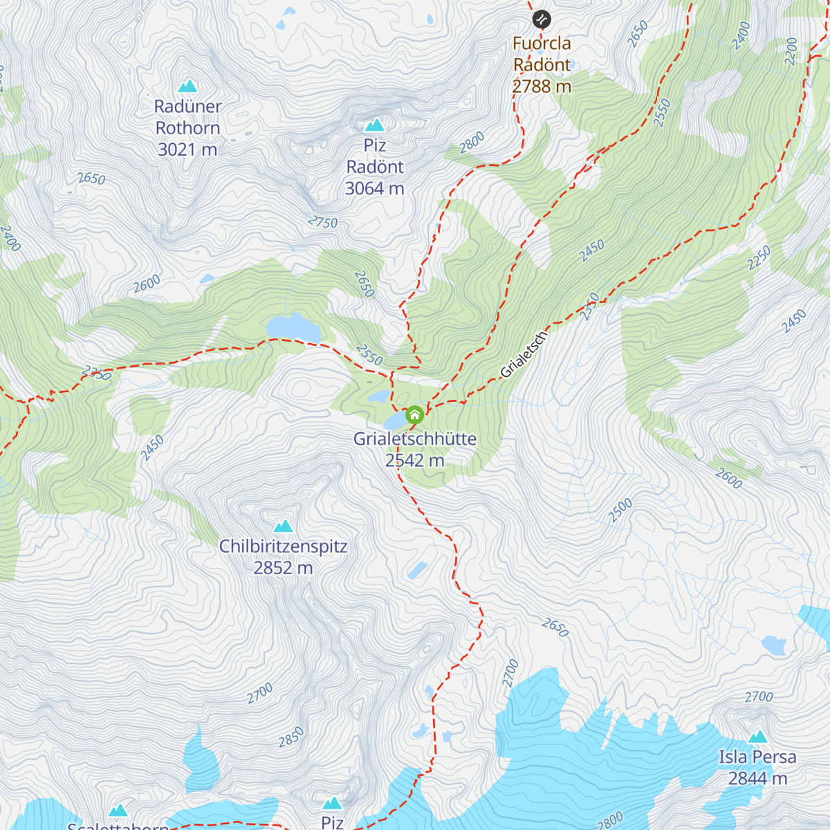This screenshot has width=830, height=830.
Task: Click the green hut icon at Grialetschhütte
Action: coord(414,415)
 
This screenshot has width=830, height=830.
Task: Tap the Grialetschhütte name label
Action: coord(414,439)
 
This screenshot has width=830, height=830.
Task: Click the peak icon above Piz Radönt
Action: coord(374,125)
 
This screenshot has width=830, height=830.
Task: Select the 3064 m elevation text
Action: coord(374,188)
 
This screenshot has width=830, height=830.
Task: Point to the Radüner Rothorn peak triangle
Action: coord(187,86)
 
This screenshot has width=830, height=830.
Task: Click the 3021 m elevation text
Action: coord(187,149)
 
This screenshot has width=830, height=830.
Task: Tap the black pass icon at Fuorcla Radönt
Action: coord(542,19)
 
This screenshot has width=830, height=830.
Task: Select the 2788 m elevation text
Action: coord(542,86)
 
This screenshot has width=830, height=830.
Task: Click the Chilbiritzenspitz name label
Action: coord(283,546)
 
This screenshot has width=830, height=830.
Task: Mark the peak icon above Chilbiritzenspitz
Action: coord(283,526)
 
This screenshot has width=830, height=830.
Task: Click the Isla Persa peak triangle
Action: coord(758,737)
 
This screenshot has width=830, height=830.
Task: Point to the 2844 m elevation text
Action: coord(757,779)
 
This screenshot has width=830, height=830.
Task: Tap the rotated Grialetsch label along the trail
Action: coord(524,355)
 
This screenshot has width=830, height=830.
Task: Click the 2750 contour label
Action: coord(322,222)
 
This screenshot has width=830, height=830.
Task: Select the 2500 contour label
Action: coord(620,510)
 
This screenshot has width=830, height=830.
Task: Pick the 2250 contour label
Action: coord(759,259)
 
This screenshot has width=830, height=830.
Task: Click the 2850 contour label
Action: coord(290,737)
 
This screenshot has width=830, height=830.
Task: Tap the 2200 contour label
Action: coord(791,51)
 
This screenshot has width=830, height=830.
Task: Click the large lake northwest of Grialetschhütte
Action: coord(293,328)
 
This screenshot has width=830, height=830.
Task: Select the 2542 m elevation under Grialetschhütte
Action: coord(414,461)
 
